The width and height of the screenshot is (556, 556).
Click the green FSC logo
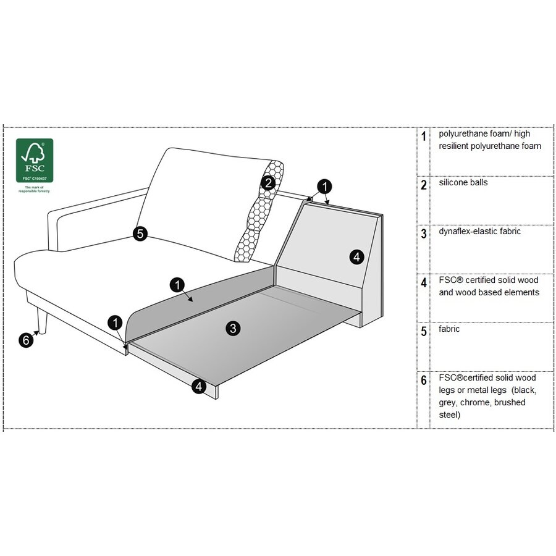point(34,160)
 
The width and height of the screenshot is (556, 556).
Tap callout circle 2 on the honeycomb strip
point(267,183)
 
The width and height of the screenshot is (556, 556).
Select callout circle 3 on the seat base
point(232,329)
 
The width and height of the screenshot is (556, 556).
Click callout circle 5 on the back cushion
point(140,234)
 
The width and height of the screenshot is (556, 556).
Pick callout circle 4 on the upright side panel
point(356,257)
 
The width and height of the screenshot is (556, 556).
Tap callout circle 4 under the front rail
point(198,387)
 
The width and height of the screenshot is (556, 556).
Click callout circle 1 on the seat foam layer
point(177,285)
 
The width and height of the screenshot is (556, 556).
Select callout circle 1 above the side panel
point(324,186)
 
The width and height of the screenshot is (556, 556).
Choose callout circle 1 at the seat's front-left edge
point(116,322)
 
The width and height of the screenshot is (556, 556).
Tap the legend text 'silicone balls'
point(463,183)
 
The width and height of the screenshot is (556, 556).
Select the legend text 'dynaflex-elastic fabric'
point(479,232)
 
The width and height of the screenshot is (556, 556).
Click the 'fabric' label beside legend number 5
point(449,329)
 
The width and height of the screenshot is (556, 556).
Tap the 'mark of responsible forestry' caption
point(34,189)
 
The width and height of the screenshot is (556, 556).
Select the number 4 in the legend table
point(423,283)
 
